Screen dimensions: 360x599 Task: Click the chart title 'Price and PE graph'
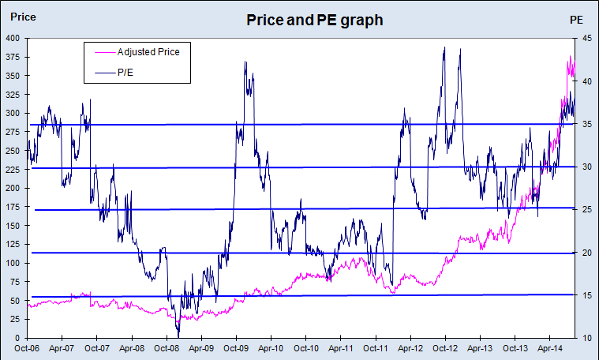coord(314,20)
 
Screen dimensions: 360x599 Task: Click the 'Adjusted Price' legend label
coord(148,53)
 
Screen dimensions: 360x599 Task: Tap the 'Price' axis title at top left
coord(22,16)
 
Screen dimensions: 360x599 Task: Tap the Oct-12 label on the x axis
coord(445,347)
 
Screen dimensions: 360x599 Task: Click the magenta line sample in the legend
coord(101,53)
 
